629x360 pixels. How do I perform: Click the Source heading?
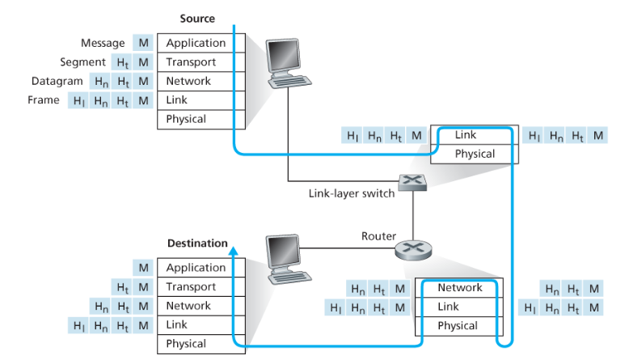tap(197, 19)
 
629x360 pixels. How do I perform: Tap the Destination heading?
tap(197, 244)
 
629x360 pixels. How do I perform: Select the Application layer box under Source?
tap(201, 43)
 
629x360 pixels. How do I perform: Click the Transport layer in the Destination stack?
tap(201, 287)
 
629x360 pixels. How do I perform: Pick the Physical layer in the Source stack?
tap(201, 120)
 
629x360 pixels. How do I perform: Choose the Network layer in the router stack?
tap(459, 288)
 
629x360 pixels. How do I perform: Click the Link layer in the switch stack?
tap(474, 135)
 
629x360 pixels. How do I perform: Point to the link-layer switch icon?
tap(412, 182)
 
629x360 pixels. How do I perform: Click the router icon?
tap(413, 250)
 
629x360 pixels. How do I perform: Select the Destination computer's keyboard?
tap(289, 277)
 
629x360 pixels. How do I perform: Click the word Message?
tap(103, 43)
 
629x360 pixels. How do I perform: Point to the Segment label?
tap(82, 62)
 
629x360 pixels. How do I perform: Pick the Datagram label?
tap(57, 81)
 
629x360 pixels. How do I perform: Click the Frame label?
tap(44, 100)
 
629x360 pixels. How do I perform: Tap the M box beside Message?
tap(143, 43)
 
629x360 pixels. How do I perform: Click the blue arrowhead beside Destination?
tap(234, 251)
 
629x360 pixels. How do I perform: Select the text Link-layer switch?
tap(352, 193)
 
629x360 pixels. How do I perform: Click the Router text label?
tap(378, 236)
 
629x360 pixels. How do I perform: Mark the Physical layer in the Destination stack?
tap(201, 345)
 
